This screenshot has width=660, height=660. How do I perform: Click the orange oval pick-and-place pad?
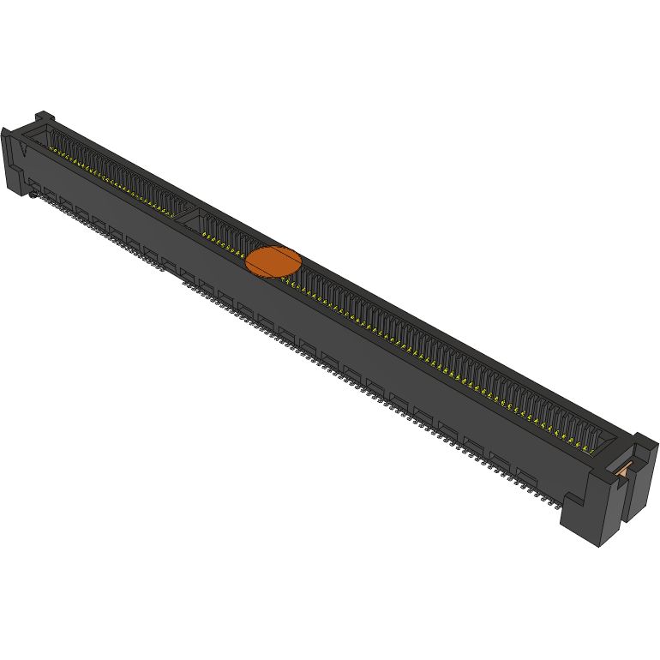click(x=273, y=261)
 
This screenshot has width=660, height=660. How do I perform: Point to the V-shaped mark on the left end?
click(x=22, y=148)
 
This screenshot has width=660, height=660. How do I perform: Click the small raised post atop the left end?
click(x=45, y=117)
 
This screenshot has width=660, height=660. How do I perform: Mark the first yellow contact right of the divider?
click(x=205, y=232)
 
